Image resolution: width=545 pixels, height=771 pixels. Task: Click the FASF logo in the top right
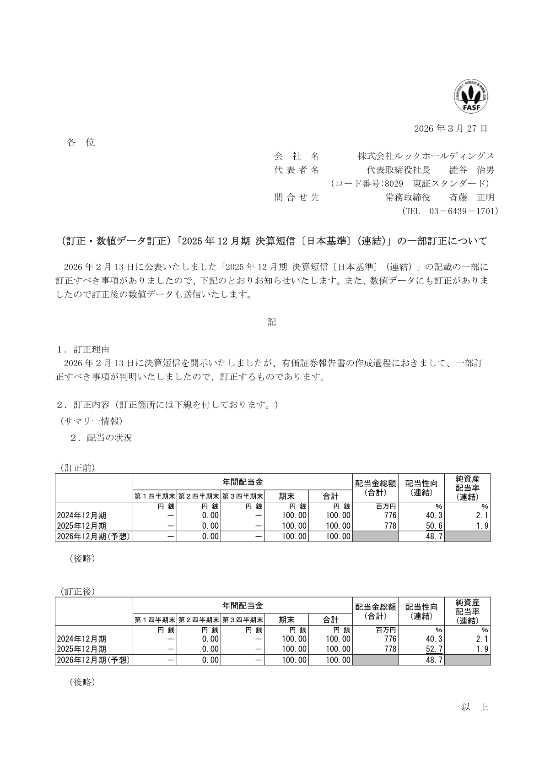pyautogui.click(x=471, y=97)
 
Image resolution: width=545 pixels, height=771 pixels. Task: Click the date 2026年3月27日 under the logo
pyautogui.click(x=451, y=129)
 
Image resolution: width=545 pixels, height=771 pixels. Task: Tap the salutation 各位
pyautogui.click(x=81, y=142)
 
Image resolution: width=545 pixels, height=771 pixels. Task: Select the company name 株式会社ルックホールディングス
pyautogui.click(x=426, y=156)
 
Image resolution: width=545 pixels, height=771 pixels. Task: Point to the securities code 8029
pyautogui.click(x=394, y=184)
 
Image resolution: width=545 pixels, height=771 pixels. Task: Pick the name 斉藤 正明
pyautogui.click(x=472, y=197)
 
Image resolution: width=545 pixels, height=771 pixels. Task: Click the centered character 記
pyautogui.click(x=272, y=322)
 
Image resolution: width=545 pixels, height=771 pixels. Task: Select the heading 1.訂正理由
pyautogui.click(x=83, y=350)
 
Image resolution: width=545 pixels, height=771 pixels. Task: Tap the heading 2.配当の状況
pyautogui.click(x=101, y=438)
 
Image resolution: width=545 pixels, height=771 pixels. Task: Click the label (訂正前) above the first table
pyautogui.click(x=77, y=468)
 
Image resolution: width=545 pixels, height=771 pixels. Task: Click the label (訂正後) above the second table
pyautogui.click(x=77, y=592)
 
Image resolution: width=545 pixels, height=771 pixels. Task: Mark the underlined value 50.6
pyautogui.click(x=434, y=526)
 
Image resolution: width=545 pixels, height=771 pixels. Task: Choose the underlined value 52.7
pyautogui.click(x=434, y=649)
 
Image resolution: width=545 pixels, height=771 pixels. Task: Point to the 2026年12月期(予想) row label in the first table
pyautogui.click(x=94, y=537)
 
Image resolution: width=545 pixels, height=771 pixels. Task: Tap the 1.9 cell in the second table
pyautogui.click(x=482, y=649)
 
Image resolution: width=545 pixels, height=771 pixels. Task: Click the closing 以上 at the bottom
pyautogui.click(x=475, y=707)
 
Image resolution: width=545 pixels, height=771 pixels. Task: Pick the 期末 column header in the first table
pyautogui.click(x=286, y=496)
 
